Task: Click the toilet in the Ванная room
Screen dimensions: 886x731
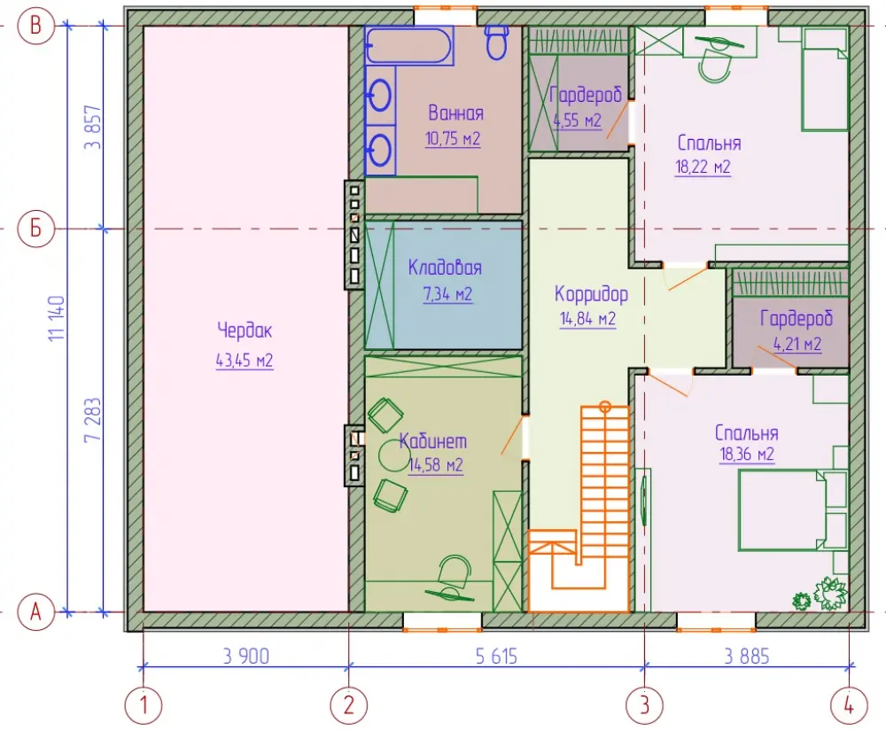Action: point(497,43)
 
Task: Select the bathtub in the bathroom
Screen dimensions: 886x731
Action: point(409,46)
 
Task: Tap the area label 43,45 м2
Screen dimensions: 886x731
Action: point(245,361)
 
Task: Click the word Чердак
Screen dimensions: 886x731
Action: point(245,331)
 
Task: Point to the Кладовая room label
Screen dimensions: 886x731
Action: point(446,268)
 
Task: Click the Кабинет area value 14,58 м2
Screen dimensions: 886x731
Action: point(436,465)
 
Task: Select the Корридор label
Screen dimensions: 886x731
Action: point(591,294)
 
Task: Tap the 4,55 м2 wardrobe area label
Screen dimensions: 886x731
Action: point(577,121)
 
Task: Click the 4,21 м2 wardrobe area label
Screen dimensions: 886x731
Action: point(797,344)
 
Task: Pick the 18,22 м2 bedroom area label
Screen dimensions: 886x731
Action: point(703,167)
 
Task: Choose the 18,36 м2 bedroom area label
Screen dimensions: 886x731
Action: point(747,455)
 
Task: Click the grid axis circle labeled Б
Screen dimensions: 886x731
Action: point(35,229)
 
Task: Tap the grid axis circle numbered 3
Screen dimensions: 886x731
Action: point(644,705)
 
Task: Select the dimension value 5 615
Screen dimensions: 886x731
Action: point(496,657)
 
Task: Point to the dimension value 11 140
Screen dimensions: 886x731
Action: point(57,318)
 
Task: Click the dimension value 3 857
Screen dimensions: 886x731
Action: point(93,127)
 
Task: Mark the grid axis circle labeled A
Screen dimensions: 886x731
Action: point(35,611)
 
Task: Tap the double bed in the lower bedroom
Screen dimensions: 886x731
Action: point(792,509)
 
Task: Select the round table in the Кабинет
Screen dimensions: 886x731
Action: point(393,455)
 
